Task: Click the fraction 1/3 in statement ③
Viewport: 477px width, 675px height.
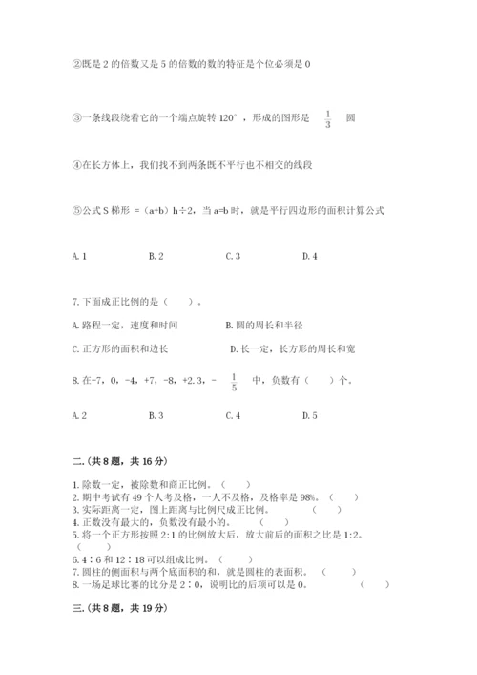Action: click(x=327, y=118)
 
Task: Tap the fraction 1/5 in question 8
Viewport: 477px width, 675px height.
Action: click(x=233, y=383)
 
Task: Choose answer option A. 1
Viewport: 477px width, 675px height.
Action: click(x=80, y=256)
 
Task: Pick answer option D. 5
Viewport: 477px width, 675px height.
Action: click(x=309, y=415)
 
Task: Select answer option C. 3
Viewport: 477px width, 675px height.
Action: click(x=233, y=256)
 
